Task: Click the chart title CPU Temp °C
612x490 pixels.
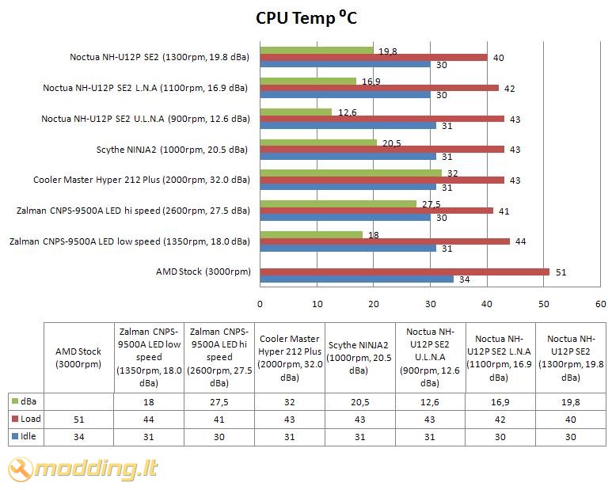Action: pyautogui.click(x=306, y=17)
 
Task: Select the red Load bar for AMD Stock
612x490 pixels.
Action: pyautogui.click(x=404, y=272)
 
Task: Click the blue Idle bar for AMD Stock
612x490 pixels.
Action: pyautogui.click(x=356, y=279)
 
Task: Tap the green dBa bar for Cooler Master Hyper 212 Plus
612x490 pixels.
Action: pyautogui.click(x=351, y=172)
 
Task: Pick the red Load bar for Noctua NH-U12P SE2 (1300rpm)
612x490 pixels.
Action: pyautogui.click(x=373, y=57)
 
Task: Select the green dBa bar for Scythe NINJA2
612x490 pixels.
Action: pyautogui.click(x=318, y=142)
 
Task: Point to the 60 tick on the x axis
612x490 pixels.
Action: pyautogui.click(x=600, y=303)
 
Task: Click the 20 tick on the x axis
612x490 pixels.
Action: pyautogui.click(x=374, y=303)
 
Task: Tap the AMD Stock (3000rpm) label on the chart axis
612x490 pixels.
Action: pyautogui.click(x=203, y=272)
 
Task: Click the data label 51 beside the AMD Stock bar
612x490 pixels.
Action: pyautogui.click(x=561, y=272)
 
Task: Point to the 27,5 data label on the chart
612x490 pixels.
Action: pyautogui.click(x=431, y=203)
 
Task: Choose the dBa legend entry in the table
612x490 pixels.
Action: pyautogui.click(x=26, y=402)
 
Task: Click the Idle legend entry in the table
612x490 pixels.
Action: pyautogui.click(x=26, y=436)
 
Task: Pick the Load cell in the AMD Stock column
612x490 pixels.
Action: pyautogui.click(x=78, y=419)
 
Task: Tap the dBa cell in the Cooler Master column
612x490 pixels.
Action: pyautogui.click(x=290, y=402)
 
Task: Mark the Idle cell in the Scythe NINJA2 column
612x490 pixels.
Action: pyautogui.click(x=359, y=436)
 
